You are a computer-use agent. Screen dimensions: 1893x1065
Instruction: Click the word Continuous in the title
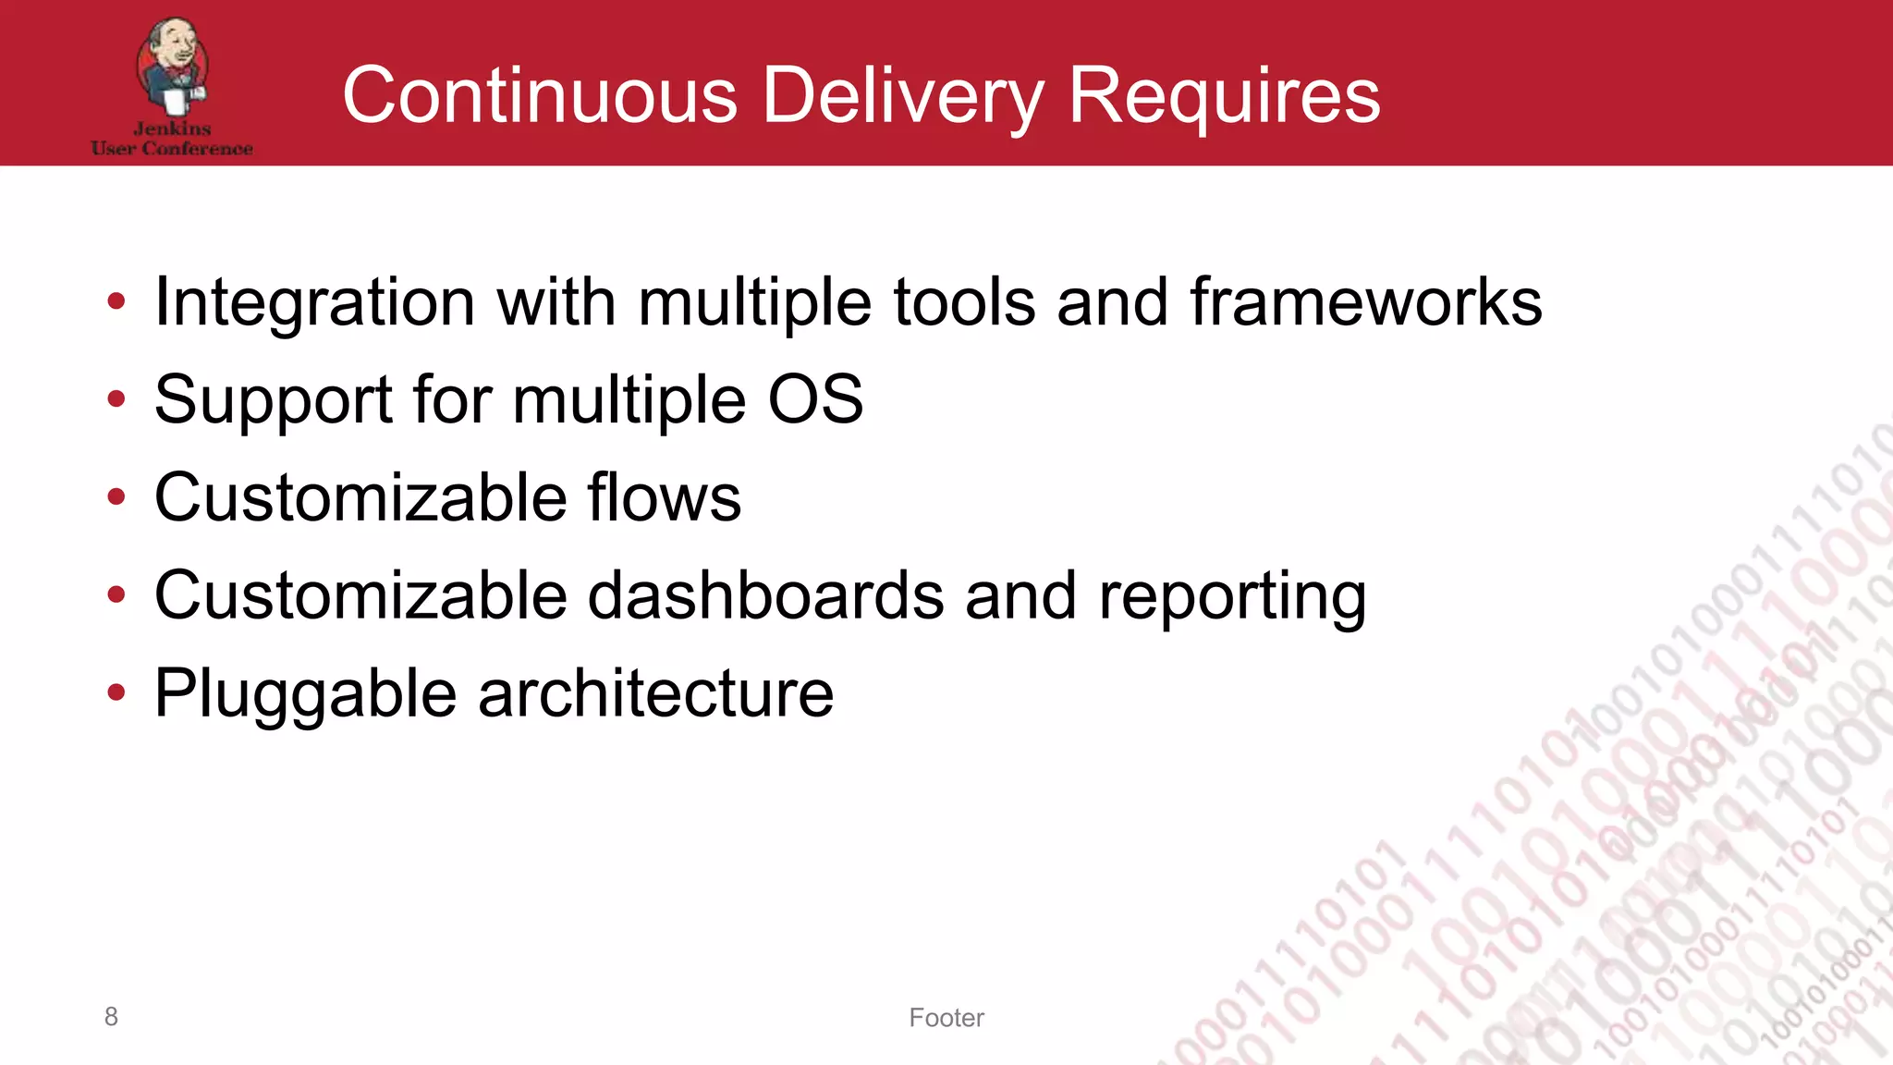click(x=540, y=95)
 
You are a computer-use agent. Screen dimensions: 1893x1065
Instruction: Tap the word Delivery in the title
click(x=902, y=95)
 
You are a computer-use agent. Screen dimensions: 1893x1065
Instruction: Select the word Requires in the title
click(x=1224, y=95)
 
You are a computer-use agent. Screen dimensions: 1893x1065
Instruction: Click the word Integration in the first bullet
click(x=314, y=303)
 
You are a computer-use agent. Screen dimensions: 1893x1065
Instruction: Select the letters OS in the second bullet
click(x=815, y=399)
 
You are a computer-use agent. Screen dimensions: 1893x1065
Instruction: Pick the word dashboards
click(x=765, y=595)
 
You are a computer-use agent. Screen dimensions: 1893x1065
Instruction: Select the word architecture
click(x=655, y=693)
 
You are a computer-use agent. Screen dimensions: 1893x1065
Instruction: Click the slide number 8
click(x=111, y=1017)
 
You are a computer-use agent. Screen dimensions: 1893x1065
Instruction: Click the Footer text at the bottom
click(x=946, y=1018)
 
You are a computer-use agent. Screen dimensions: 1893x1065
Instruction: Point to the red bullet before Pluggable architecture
click(x=116, y=692)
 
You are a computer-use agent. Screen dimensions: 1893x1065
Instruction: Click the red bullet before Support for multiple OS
click(x=116, y=399)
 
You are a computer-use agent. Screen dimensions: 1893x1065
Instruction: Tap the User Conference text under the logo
click(x=172, y=149)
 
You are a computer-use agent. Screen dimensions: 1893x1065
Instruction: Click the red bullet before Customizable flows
click(x=116, y=497)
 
